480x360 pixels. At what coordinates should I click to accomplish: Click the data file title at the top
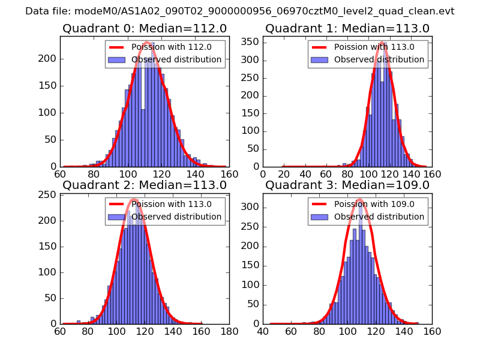pyautogui.click(x=240, y=11)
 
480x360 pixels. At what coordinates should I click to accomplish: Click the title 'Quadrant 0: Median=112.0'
pyautogui.click(x=145, y=28)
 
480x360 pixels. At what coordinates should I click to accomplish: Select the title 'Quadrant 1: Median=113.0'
pyautogui.click(x=347, y=28)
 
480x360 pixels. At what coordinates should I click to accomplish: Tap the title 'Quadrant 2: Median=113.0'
pyautogui.click(x=145, y=185)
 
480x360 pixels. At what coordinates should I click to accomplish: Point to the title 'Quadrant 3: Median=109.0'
pyautogui.click(x=347, y=185)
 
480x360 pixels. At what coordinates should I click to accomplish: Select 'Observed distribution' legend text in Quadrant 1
pyautogui.click(x=379, y=59)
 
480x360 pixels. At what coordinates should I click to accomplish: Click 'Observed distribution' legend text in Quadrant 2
pyautogui.click(x=176, y=217)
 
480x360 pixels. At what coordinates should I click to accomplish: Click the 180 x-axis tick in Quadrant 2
pyautogui.click(x=229, y=331)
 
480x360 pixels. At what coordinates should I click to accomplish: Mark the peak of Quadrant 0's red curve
pyautogui.click(x=146, y=42)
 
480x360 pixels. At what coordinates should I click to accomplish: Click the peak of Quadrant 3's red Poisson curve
pyautogui.click(x=359, y=199)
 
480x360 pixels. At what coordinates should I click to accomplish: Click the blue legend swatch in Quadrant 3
pyautogui.click(x=320, y=217)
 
